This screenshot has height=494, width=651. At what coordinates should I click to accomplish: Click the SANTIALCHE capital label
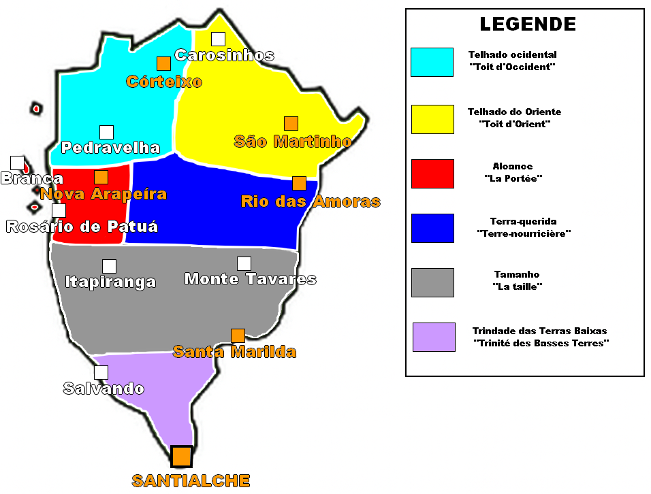[x=191, y=480]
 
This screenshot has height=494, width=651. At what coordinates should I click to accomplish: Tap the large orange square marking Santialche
[x=182, y=456]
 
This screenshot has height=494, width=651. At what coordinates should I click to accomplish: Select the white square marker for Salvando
[x=101, y=372]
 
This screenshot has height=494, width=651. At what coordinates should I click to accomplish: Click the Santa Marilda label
[x=234, y=352]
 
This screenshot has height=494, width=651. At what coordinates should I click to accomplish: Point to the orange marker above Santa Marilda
[x=238, y=335]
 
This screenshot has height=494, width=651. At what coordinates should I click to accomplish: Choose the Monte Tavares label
[x=250, y=279]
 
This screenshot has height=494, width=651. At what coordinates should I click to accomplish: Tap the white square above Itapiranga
[x=109, y=266]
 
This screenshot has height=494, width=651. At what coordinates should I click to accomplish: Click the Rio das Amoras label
[x=311, y=201]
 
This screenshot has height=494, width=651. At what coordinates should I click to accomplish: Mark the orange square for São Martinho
[x=291, y=123]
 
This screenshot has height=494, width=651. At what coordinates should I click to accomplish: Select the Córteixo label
[x=164, y=82]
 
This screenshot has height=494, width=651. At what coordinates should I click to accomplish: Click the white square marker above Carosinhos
[x=218, y=39]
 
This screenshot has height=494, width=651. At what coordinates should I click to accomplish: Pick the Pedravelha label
[x=110, y=148]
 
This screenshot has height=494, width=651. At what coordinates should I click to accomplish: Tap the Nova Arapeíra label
[x=104, y=194]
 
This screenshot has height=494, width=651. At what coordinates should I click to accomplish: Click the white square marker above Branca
[x=17, y=163]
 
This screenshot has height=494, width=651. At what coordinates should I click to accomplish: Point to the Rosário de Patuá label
[x=82, y=227]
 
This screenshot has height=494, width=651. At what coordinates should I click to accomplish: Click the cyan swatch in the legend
[x=432, y=62]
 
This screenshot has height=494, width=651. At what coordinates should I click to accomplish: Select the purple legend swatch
[x=434, y=337]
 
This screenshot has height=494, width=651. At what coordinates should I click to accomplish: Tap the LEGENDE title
[x=528, y=24]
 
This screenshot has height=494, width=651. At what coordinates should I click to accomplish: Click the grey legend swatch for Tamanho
[x=432, y=282]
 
